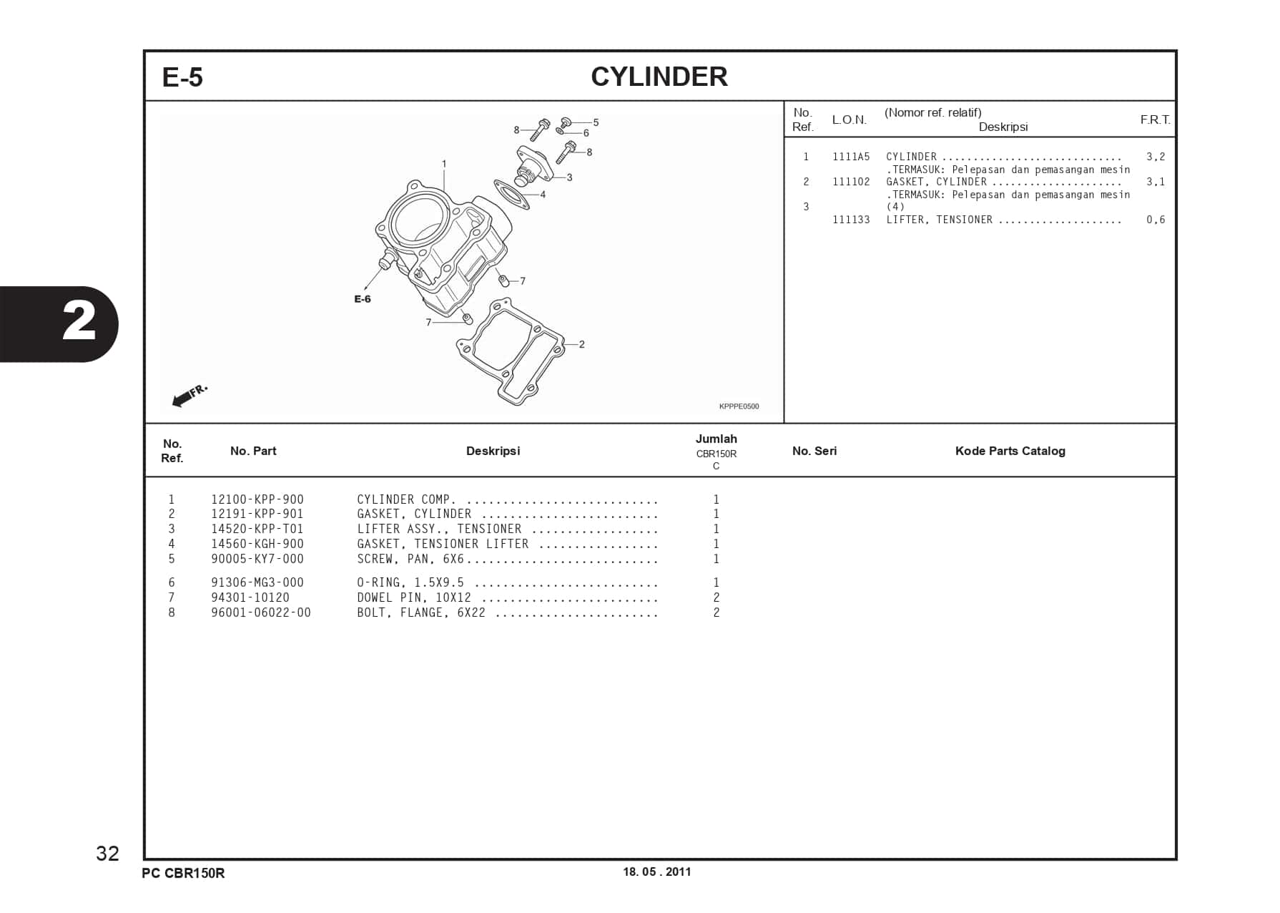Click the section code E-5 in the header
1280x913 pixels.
click(x=182, y=77)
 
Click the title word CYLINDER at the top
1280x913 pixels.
click(x=659, y=77)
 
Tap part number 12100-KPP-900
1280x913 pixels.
click(x=257, y=499)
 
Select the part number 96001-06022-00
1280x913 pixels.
click(x=261, y=612)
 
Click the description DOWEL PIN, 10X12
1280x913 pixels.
click(x=414, y=597)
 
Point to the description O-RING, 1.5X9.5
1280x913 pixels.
click(x=410, y=582)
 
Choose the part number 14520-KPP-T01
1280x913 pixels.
click(x=257, y=529)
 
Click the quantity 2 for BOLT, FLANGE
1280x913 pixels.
click(x=716, y=612)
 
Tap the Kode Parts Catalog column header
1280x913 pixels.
click(x=1010, y=451)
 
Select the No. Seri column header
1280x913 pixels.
click(x=814, y=451)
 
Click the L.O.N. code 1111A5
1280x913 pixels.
click(x=851, y=157)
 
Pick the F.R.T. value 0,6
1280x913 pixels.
click(x=1155, y=220)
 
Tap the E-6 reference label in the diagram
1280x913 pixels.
click(x=363, y=299)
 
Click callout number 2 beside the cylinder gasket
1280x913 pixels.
click(x=582, y=344)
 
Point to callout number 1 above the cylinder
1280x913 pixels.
click(x=444, y=164)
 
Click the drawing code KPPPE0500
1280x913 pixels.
click(x=739, y=406)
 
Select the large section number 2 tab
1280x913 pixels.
click(x=79, y=323)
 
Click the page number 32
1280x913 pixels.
click(x=108, y=853)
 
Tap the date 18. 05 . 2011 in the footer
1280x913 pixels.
click(x=656, y=871)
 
